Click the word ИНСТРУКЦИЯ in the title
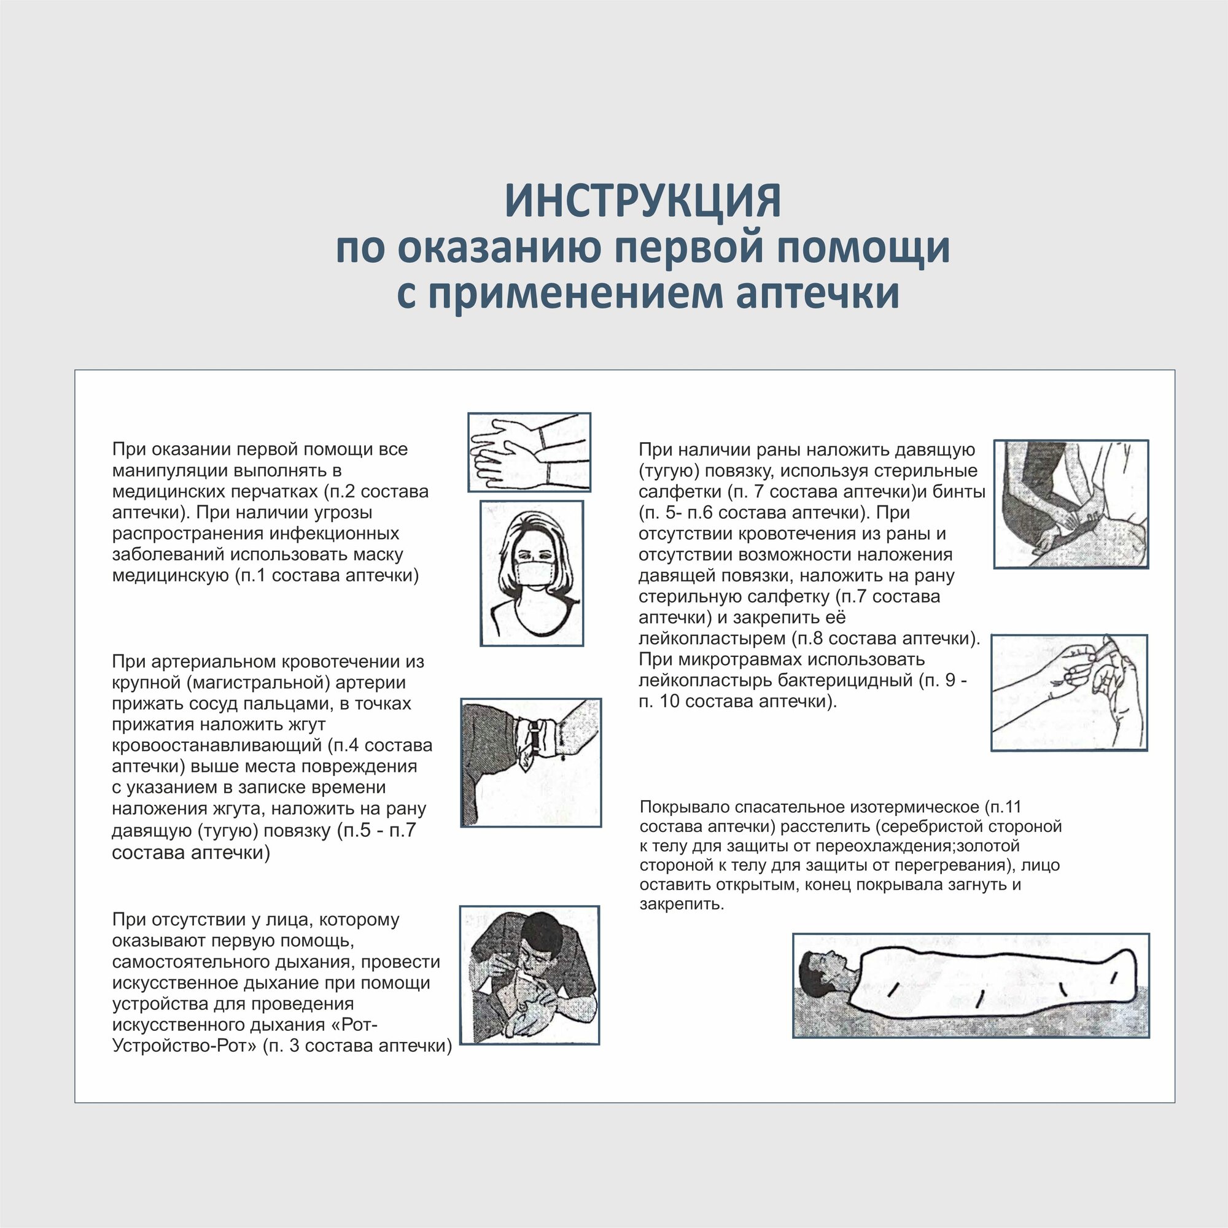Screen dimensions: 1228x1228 click(643, 201)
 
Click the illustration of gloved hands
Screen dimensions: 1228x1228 click(529, 452)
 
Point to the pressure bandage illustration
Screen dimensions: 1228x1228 click(1071, 503)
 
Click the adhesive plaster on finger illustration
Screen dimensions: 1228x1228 click(1069, 693)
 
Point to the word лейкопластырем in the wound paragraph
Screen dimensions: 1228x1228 click(712, 638)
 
